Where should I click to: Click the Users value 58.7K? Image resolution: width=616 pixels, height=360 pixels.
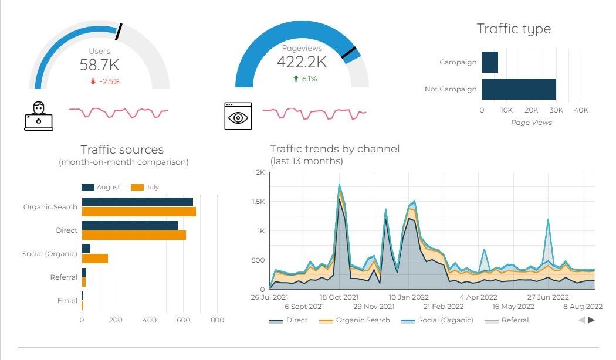point(99,65)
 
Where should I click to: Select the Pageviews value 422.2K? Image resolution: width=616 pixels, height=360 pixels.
point(302,62)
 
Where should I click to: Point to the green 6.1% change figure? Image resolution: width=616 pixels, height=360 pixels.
point(305,79)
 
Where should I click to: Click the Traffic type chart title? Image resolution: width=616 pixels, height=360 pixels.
point(513,29)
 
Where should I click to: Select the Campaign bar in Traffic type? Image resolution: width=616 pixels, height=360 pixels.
point(490,62)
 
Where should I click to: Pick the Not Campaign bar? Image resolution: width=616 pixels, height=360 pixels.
point(519,89)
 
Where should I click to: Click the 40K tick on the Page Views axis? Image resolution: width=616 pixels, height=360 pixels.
point(581,110)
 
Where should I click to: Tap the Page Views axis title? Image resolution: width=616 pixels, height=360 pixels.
point(532,123)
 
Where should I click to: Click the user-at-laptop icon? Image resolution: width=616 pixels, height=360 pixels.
point(39,116)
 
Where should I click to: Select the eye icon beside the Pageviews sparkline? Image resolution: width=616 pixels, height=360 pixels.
point(238,116)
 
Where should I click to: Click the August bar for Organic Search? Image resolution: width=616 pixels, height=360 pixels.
point(137,202)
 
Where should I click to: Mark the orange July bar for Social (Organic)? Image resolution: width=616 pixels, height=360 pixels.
point(94,259)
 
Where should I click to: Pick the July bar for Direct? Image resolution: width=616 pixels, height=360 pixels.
point(134,235)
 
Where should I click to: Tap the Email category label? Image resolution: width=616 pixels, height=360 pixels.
point(67,301)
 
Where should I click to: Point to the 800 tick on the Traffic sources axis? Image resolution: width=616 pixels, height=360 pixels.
point(217,320)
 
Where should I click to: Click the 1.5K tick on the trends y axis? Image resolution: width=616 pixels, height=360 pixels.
point(259,202)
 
